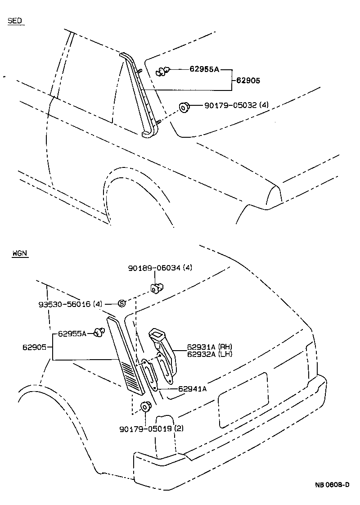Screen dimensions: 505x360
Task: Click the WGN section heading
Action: (20, 253)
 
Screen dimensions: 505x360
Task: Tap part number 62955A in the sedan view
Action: (204, 69)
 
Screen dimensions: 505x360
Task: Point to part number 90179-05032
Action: (230, 105)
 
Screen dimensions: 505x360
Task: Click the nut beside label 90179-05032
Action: (184, 107)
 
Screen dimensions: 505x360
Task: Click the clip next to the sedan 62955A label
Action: (163, 70)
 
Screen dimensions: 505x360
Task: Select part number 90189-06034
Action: (153, 268)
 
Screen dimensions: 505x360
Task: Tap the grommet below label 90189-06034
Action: (157, 287)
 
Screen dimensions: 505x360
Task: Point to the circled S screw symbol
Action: (121, 303)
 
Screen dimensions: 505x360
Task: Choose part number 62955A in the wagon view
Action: (72, 334)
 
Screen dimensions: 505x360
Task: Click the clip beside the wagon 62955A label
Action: (99, 333)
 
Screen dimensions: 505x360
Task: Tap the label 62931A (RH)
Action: (205, 347)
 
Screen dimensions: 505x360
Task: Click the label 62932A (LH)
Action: (205, 354)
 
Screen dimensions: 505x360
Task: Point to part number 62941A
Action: (192, 389)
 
